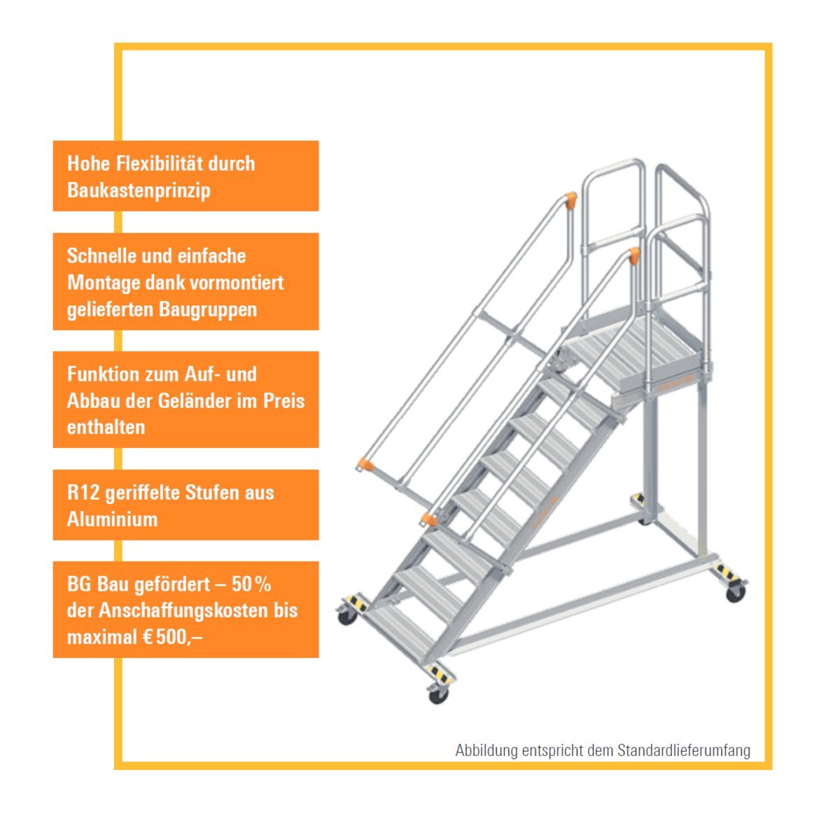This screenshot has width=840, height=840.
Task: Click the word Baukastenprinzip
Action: tap(139, 190)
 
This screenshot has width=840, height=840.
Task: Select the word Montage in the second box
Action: tap(104, 283)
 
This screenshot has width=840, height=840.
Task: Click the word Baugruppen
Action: tap(208, 310)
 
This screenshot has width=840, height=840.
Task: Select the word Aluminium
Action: tap(112, 519)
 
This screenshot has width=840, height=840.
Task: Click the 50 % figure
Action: tap(251, 584)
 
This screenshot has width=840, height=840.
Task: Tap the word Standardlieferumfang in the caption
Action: tap(683, 750)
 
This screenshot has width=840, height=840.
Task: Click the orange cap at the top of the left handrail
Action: tap(570, 200)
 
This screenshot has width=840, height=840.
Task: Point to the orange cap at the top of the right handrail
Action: tap(633, 255)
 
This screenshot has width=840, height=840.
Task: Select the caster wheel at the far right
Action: tap(736, 593)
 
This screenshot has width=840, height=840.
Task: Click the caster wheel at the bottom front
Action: tap(438, 695)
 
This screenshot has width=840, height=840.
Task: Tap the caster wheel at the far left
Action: tap(347, 617)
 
